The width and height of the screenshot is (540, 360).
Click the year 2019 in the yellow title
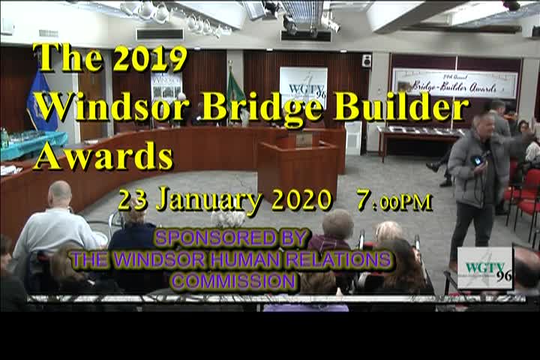coord(150,58)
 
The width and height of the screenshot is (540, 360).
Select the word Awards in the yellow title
coord(103,155)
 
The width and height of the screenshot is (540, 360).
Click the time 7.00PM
coord(394,200)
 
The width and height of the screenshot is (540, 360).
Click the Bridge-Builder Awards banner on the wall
coord(454,82)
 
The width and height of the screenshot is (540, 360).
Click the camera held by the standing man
coord(477,160)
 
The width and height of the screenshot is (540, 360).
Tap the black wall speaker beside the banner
coord(366,61)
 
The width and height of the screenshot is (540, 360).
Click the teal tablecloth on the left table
coord(34,144)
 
